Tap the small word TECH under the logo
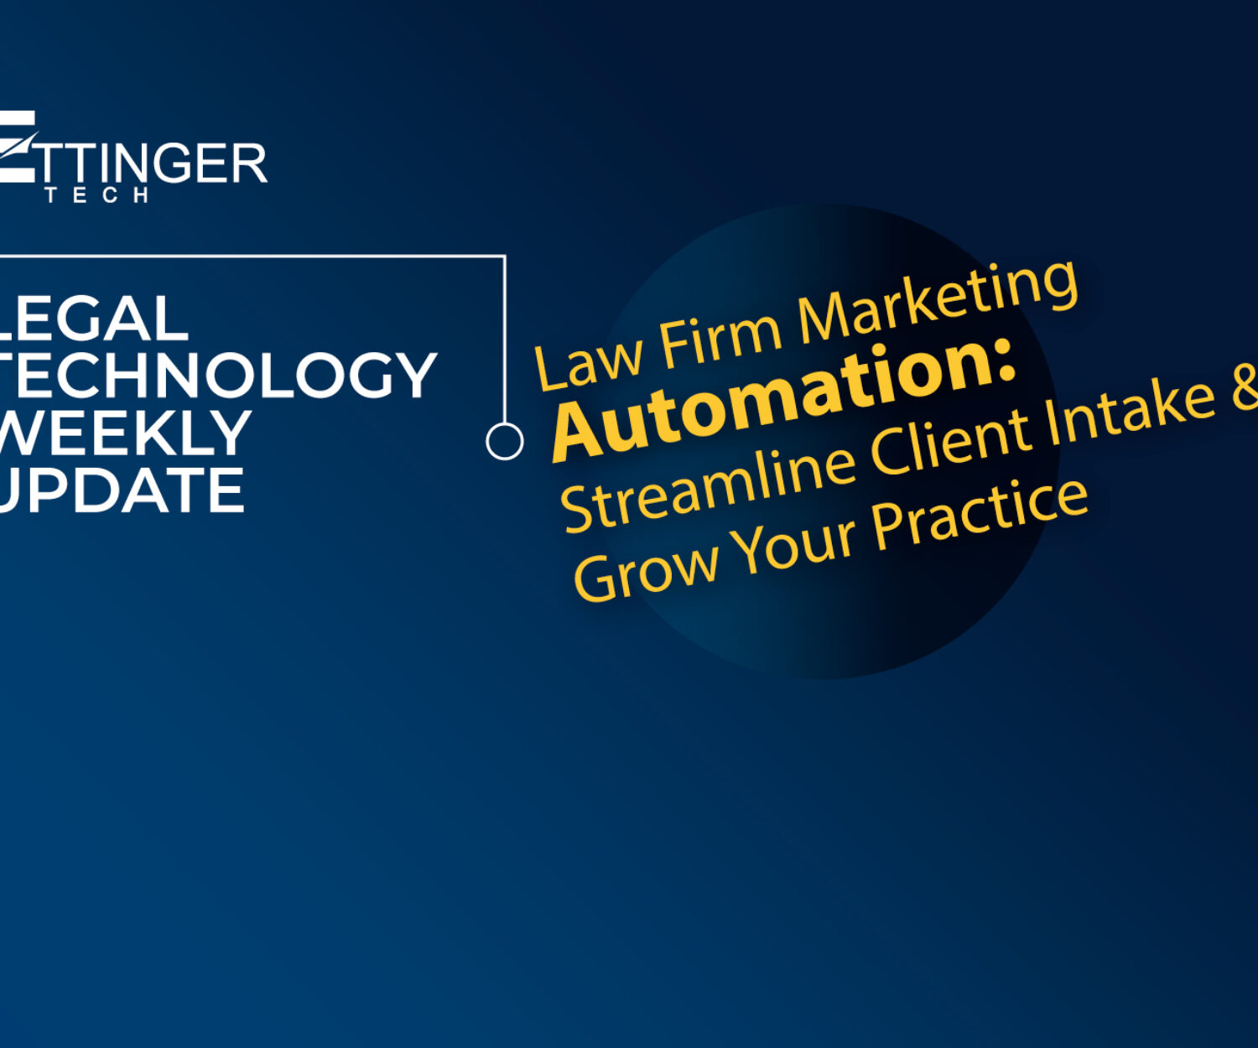(96, 195)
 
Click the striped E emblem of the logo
(17, 146)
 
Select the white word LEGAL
(93, 319)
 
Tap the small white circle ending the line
(505, 441)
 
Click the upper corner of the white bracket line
(505, 257)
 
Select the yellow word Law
(588, 361)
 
